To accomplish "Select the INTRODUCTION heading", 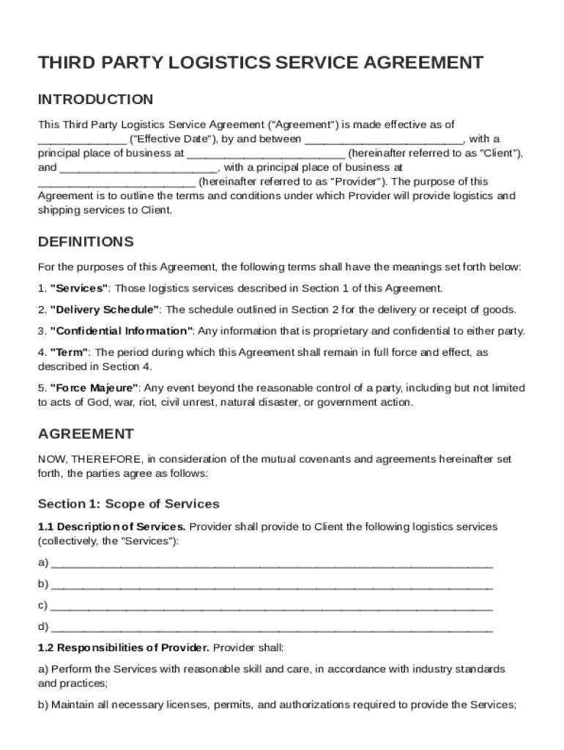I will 95,100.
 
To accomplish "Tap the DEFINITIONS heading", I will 86,242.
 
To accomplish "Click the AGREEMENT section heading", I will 86,434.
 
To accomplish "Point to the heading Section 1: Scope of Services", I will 128,504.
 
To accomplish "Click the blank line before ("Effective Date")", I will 81,139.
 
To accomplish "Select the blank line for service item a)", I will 272,564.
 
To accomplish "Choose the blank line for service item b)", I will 272,585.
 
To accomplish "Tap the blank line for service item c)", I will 272,606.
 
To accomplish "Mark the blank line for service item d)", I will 272,628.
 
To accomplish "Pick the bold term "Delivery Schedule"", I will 105,309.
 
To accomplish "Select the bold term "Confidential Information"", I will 122,330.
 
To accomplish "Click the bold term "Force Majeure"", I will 94,387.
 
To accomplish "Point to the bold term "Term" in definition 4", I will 70,352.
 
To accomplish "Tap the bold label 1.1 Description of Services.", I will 112,527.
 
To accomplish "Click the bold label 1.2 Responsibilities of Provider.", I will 124,648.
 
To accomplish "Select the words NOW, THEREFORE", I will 89,459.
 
